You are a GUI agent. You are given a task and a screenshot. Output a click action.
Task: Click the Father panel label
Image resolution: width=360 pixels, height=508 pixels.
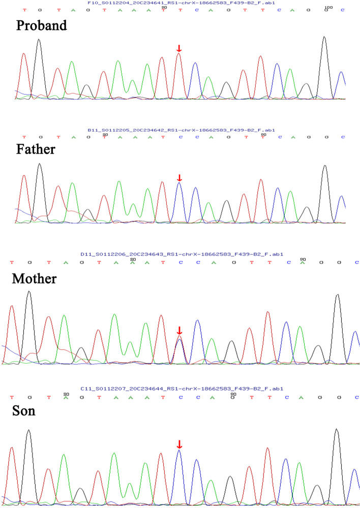(x=36, y=150)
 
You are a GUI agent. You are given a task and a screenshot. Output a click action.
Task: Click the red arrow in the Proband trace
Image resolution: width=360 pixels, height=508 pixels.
(x=178, y=48)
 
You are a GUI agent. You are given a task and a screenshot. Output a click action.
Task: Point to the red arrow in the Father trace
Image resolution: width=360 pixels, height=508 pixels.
(x=178, y=177)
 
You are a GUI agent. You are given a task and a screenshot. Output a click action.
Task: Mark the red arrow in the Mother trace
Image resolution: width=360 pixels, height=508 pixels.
(x=178, y=330)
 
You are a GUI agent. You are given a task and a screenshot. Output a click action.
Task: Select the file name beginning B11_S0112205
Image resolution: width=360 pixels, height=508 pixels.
(x=181, y=130)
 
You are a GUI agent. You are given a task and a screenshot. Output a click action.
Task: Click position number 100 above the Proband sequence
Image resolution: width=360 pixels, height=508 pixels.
(x=328, y=7)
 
